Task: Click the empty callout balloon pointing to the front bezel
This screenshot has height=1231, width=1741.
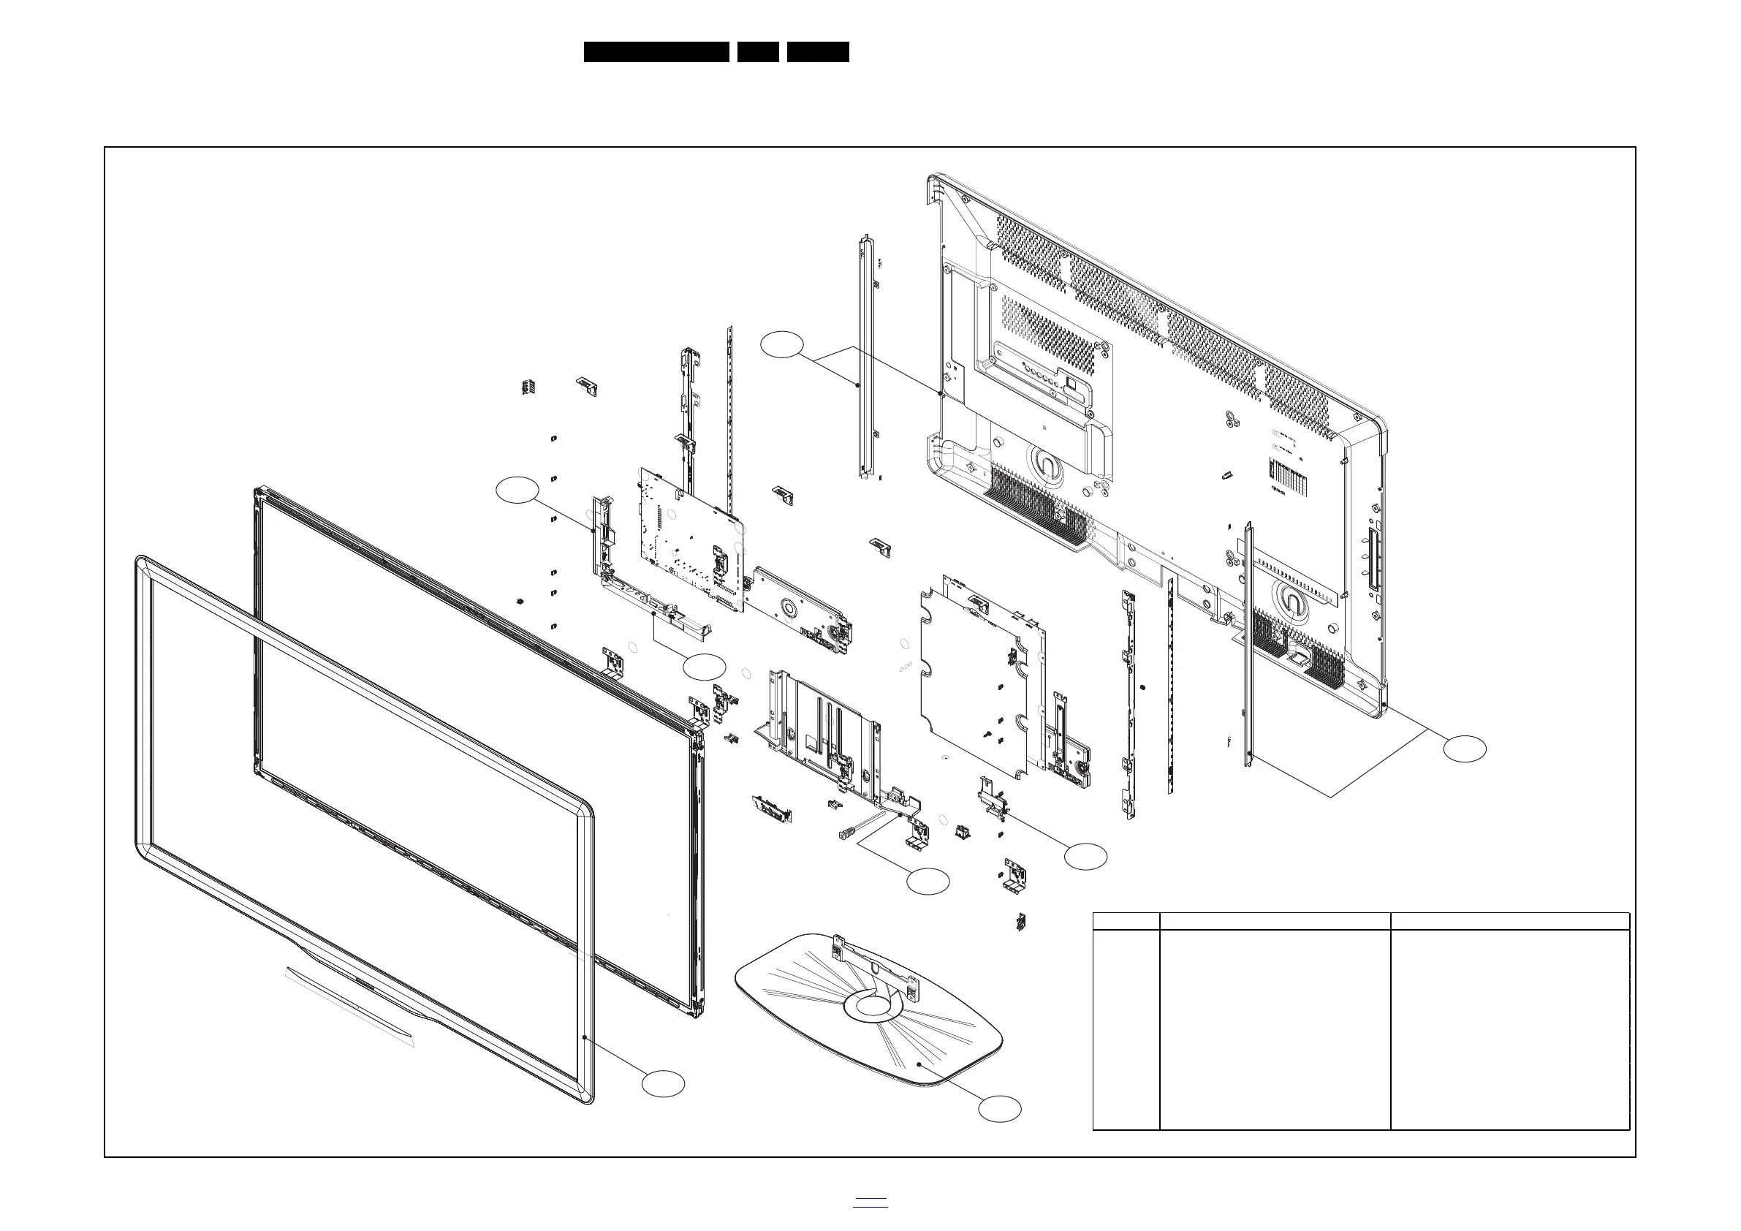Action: [x=663, y=1083]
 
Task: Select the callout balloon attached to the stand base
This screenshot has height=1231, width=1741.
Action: [x=999, y=1108]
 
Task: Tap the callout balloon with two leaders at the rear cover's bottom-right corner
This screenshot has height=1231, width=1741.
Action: [x=1464, y=749]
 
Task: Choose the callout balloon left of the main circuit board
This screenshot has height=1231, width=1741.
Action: [x=517, y=490]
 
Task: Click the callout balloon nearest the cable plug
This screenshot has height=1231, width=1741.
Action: [x=928, y=882]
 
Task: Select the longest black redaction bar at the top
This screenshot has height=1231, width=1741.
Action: [x=656, y=52]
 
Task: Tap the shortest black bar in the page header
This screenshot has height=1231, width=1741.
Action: [x=757, y=52]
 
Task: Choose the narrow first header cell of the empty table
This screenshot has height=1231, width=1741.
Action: [x=1126, y=921]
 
